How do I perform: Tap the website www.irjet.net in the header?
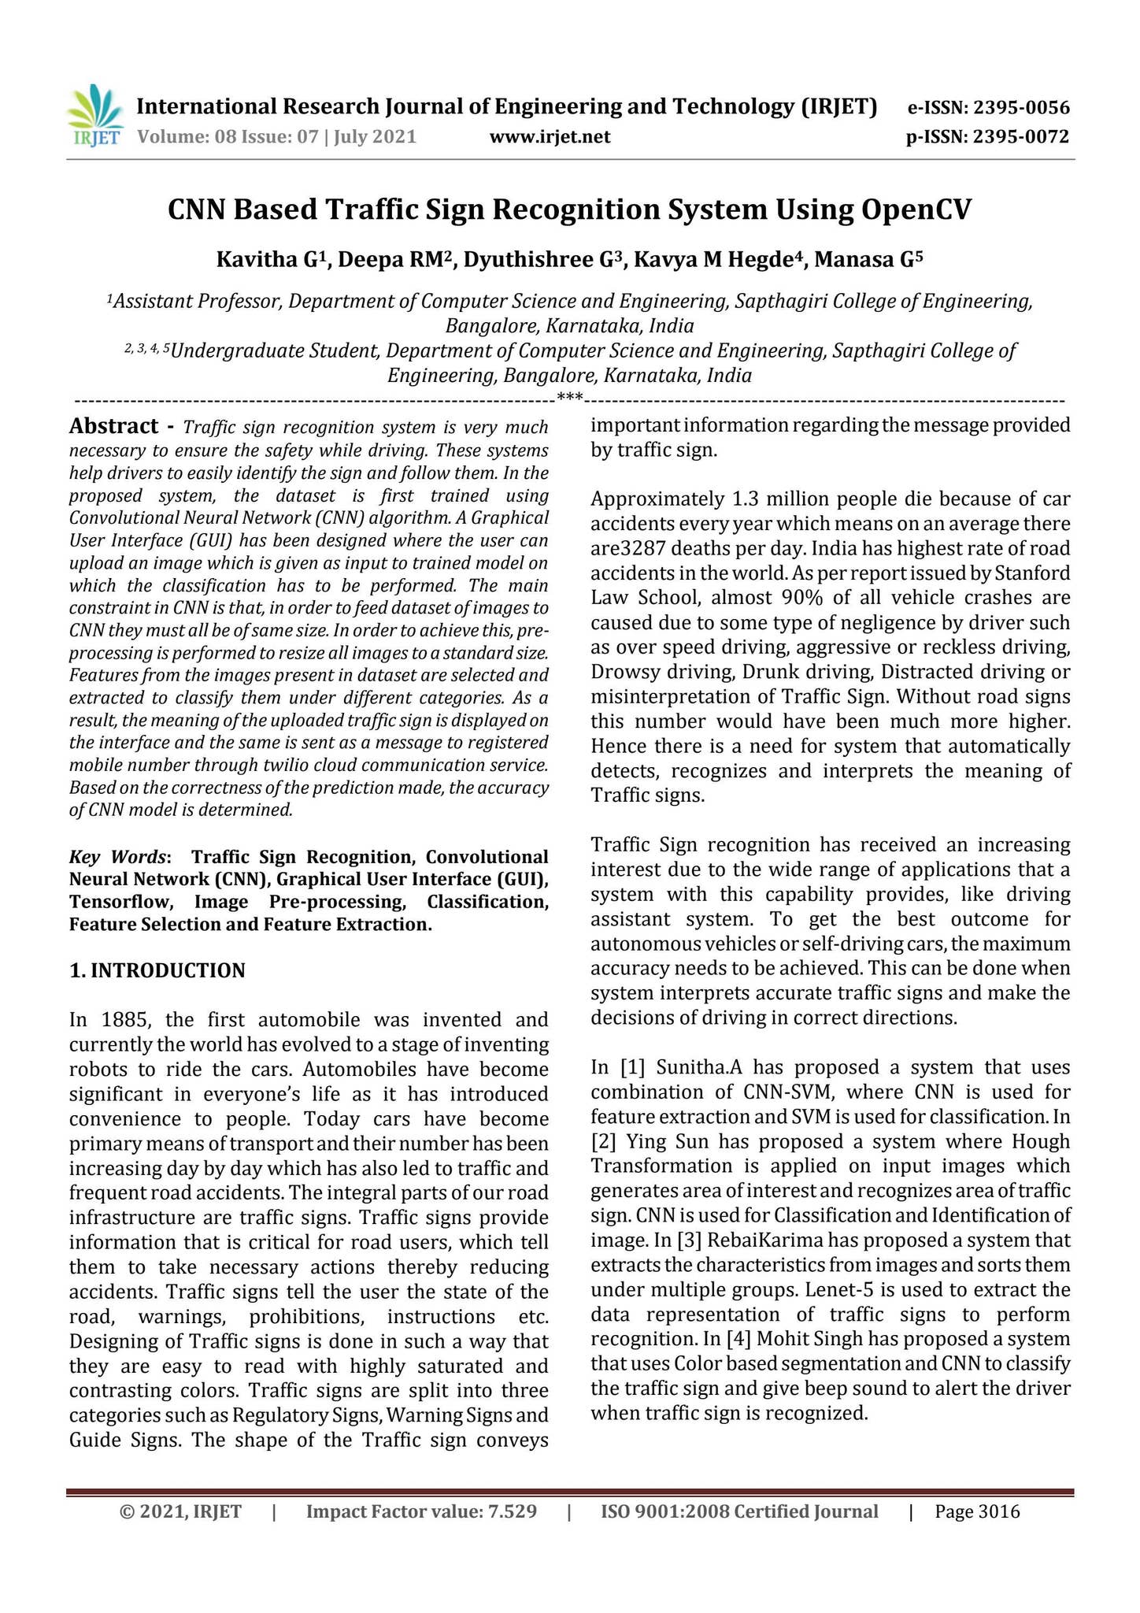pos(550,138)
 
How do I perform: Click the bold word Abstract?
pos(114,427)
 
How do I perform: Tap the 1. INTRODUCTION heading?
pos(157,970)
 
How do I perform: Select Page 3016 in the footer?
pos(977,1511)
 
